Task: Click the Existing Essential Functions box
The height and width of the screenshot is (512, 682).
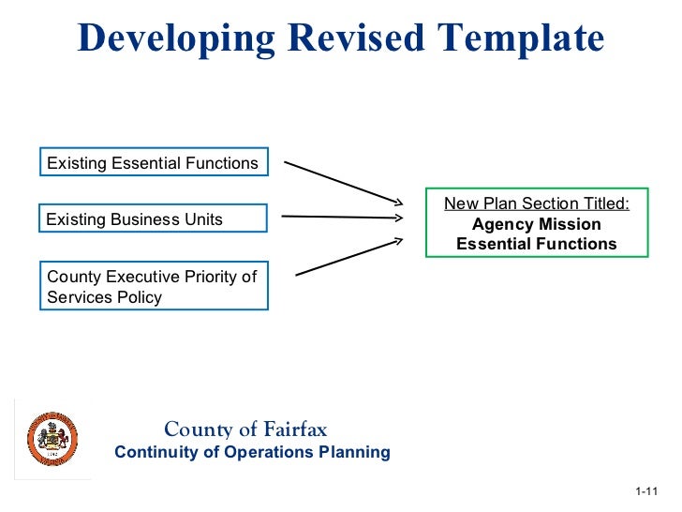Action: pyautogui.click(x=153, y=163)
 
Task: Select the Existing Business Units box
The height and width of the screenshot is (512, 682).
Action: pyautogui.click(x=153, y=219)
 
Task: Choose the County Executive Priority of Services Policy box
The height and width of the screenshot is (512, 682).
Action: pyautogui.click(x=153, y=286)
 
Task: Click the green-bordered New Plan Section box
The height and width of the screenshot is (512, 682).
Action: pyautogui.click(x=537, y=223)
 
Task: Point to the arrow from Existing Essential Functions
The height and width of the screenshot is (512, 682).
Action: pyautogui.click(x=343, y=181)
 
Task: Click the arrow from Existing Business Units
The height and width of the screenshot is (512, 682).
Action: pyautogui.click(x=342, y=218)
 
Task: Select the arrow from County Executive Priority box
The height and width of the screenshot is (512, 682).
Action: pyautogui.click(x=348, y=256)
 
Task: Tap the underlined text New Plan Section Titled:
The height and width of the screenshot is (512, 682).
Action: pyautogui.click(x=537, y=203)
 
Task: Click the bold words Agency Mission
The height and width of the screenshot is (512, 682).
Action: pyautogui.click(x=537, y=224)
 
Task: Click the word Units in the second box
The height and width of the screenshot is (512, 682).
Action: pyautogui.click(x=201, y=219)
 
